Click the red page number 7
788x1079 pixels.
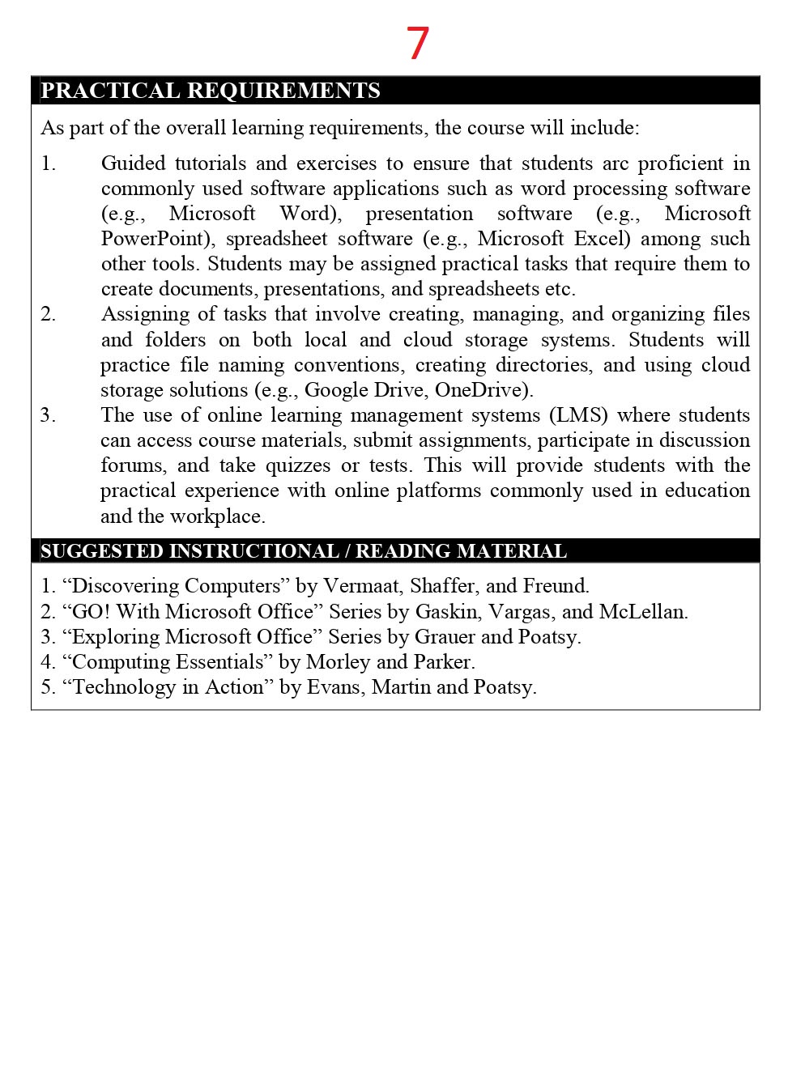click(x=417, y=44)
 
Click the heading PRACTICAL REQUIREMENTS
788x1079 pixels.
click(x=211, y=91)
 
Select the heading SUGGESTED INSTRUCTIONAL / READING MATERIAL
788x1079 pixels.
click(x=304, y=551)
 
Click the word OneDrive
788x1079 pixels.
click(x=482, y=390)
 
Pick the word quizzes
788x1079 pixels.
click(x=298, y=465)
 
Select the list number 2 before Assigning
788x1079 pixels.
click(x=49, y=314)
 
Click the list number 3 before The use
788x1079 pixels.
click(x=49, y=415)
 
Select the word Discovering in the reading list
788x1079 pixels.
click(x=126, y=586)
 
